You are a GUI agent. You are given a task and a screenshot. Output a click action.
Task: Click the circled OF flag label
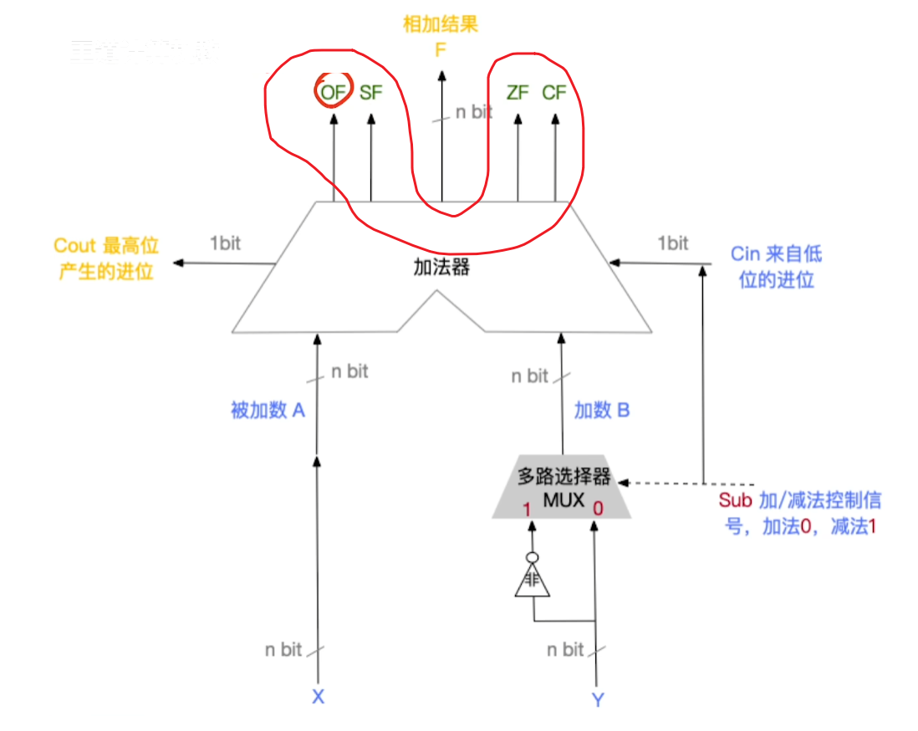[x=332, y=93]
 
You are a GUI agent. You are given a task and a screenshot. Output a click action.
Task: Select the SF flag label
[x=370, y=93]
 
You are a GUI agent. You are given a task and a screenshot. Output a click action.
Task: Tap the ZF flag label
[x=518, y=93]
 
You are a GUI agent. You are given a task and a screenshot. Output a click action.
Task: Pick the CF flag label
[x=554, y=93]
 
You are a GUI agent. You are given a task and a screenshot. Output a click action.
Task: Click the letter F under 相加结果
[x=441, y=50]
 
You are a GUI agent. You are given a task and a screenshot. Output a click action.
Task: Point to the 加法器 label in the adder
[x=441, y=268]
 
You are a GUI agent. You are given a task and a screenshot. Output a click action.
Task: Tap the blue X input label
[x=318, y=696]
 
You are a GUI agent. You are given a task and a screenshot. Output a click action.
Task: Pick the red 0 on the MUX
[x=598, y=509]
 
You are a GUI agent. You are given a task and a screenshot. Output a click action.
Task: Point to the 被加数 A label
[x=268, y=410]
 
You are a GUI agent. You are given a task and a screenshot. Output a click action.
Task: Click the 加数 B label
[x=602, y=410]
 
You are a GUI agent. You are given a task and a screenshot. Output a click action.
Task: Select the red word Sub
[x=736, y=501]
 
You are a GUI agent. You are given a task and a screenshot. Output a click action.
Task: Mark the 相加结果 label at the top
[x=441, y=23]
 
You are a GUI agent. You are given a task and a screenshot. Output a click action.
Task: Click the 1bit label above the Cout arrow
[x=225, y=243]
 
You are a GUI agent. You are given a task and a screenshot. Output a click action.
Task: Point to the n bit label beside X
[x=283, y=649]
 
